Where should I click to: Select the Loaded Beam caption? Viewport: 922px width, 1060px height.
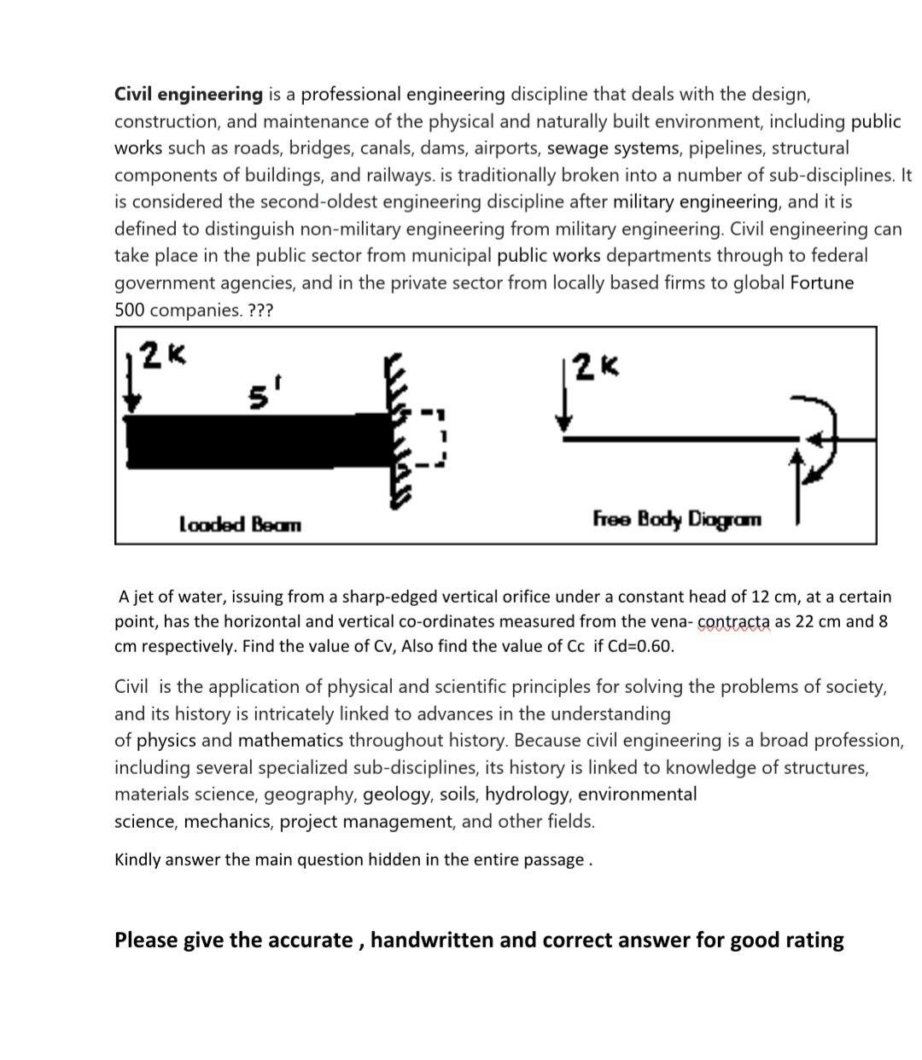[240, 523]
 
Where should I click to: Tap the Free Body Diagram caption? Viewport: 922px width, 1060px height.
[677, 519]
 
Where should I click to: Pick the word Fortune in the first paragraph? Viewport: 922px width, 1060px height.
[821, 282]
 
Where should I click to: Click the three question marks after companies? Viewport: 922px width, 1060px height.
[260, 310]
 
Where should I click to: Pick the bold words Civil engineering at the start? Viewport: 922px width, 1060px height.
[189, 94]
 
